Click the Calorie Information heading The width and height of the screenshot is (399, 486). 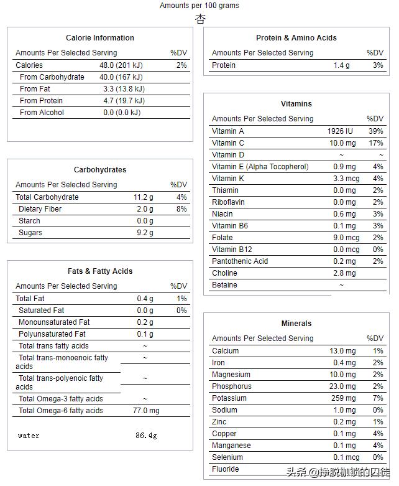[99, 38]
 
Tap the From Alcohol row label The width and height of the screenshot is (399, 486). [42, 113]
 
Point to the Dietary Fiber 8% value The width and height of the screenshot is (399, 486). [181, 209]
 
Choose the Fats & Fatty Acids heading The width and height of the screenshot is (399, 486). [99, 271]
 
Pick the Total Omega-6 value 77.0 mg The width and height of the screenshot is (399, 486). [145, 411]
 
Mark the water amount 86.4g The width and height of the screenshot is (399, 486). [146, 436]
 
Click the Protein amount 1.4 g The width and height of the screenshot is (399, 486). [341, 65]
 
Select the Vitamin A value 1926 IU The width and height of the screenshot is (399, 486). [340, 131]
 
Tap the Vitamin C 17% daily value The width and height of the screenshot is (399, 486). [376, 143]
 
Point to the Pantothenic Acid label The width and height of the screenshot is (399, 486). [240, 261]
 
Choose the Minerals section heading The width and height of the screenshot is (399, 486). [296, 324]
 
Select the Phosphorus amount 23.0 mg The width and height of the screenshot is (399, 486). [342, 386]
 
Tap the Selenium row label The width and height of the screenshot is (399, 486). [228, 457]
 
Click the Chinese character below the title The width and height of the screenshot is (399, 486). [200, 19]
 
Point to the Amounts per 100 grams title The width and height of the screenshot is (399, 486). [199, 6]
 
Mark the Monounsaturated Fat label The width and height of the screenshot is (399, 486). [54, 322]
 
